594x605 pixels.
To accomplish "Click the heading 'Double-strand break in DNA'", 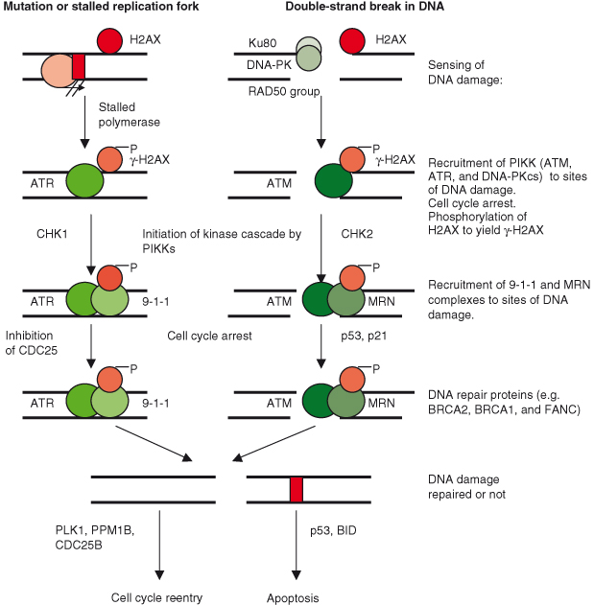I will (x=365, y=9).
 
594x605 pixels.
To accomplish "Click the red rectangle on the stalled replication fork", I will (x=79, y=66).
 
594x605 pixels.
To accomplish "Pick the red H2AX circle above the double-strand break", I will (x=353, y=42).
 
